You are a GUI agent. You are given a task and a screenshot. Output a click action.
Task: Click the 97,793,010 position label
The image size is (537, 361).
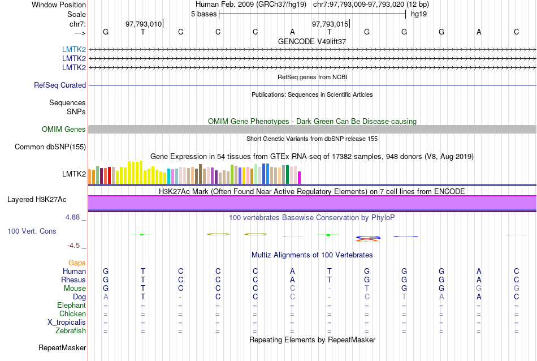pyautogui.click(x=144, y=24)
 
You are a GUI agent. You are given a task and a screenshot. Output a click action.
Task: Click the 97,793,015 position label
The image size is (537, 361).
pyautogui.click(x=330, y=24)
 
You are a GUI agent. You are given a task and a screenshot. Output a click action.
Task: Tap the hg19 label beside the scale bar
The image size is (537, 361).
pyautogui.click(x=419, y=14)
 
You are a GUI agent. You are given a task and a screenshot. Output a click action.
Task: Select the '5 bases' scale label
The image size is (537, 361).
pyautogui.click(x=203, y=14)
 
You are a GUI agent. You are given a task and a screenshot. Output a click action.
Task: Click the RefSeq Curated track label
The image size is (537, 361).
pyautogui.click(x=60, y=85)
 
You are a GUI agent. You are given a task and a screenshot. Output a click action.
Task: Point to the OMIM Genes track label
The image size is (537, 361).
pyautogui.click(x=64, y=130)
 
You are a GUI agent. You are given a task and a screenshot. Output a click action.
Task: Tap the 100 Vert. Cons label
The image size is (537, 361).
pyautogui.click(x=32, y=231)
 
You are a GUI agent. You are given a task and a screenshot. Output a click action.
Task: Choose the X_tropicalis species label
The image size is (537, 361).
pyautogui.click(x=67, y=323)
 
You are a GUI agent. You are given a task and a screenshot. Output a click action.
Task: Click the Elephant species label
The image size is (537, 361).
pyautogui.click(x=71, y=306)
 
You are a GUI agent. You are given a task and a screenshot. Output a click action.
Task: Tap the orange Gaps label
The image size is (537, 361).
pyautogui.click(x=77, y=263)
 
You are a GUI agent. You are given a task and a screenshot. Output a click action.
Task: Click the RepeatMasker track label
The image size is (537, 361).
pyautogui.click(x=62, y=347)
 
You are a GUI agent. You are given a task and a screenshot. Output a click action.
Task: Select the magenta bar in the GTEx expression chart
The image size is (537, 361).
pyautogui.click(x=300, y=177)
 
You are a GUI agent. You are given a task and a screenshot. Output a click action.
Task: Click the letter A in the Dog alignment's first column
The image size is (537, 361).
pyautogui.click(x=106, y=297)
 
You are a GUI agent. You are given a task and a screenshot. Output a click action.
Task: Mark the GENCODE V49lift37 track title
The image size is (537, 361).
pyautogui.click(x=312, y=41)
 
